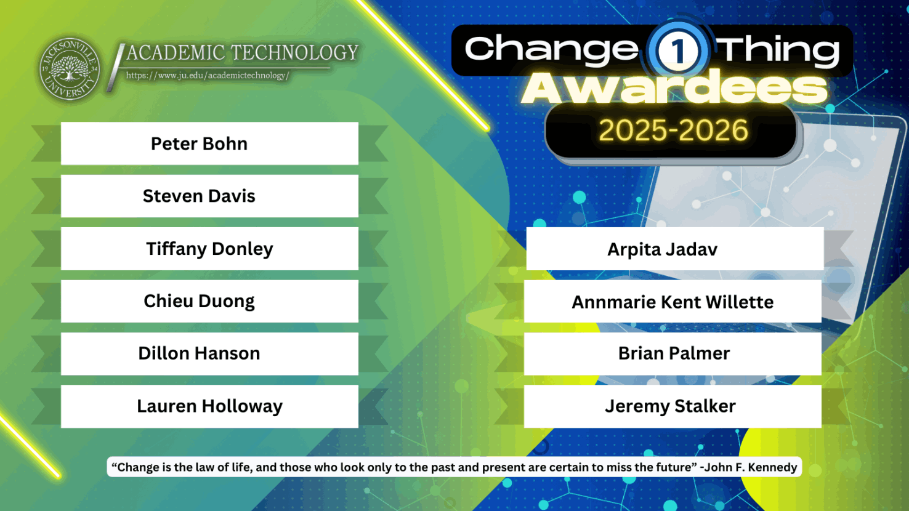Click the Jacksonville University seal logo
pos(70,69)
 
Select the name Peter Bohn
pos(200,144)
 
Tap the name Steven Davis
pos(199,196)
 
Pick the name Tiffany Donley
pos(210,249)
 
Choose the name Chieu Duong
pos(200,301)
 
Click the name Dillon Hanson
pos(200,353)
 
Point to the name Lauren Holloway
pos(210,406)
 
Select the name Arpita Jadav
pos(662,249)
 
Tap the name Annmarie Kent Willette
pos(673,302)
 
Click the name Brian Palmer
pos(674,353)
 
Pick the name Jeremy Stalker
pos(671,406)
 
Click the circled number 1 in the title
pos(677,50)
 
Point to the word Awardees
pos(674,88)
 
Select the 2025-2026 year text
pos(673,130)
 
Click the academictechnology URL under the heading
pos(208,76)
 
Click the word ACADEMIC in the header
pos(176,53)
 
